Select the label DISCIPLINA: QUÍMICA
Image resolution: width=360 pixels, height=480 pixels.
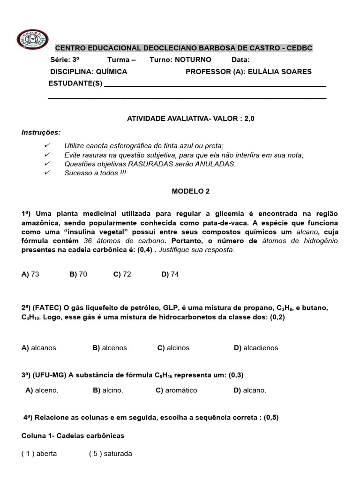point(89,71)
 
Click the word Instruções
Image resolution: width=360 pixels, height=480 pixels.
point(41,132)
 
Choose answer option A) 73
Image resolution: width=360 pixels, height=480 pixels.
point(30,274)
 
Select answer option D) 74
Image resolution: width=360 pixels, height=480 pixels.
point(170,274)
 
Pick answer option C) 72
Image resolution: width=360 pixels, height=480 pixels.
point(122,274)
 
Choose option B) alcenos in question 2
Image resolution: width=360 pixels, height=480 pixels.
point(111,348)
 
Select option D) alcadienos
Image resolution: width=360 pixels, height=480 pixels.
point(256,348)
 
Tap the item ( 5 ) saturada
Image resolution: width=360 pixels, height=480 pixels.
point(111,453)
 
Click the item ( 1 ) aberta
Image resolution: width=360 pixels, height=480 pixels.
point(39,453)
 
